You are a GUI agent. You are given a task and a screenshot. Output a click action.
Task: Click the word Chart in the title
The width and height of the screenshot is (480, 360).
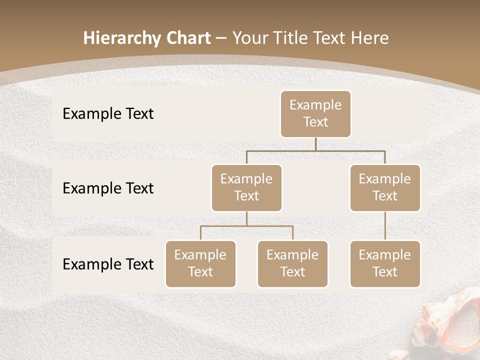185,38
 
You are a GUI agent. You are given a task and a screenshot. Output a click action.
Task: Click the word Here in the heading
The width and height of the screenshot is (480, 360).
369,38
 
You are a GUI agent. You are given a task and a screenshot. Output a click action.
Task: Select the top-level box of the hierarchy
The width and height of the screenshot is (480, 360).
315,113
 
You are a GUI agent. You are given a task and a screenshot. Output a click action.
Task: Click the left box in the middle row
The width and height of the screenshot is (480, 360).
246,187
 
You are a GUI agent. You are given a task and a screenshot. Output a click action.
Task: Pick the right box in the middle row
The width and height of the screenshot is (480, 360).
385,187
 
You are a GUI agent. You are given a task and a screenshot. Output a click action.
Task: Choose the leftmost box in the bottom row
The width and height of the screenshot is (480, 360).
200,263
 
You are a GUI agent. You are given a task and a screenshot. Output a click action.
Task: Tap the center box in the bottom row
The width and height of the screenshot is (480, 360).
292,263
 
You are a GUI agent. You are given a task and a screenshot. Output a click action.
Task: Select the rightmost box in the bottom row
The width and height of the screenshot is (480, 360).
385,263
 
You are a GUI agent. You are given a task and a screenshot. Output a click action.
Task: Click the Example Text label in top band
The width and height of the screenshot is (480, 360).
108,114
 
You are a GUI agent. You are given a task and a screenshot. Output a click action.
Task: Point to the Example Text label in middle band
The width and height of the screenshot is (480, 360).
108,188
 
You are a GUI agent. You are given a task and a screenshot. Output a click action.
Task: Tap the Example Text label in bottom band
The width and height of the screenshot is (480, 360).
108,264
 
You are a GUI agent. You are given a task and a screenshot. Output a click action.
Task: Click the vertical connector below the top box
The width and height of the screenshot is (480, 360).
315,144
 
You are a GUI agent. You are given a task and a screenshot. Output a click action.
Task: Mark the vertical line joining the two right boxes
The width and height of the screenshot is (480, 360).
385,226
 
